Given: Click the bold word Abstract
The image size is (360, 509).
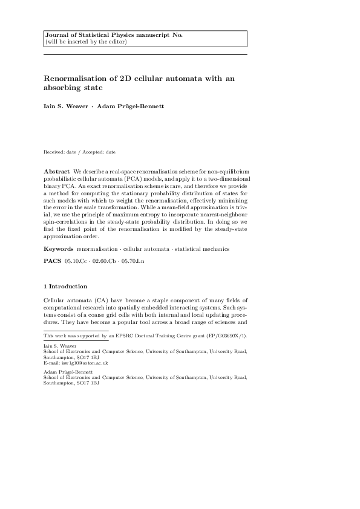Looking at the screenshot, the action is (56, 172).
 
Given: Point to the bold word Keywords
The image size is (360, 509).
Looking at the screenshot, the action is (59, 249).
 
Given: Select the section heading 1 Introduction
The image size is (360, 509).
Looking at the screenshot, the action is (65, 286).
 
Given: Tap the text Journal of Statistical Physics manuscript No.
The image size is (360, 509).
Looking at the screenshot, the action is (114, 36).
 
